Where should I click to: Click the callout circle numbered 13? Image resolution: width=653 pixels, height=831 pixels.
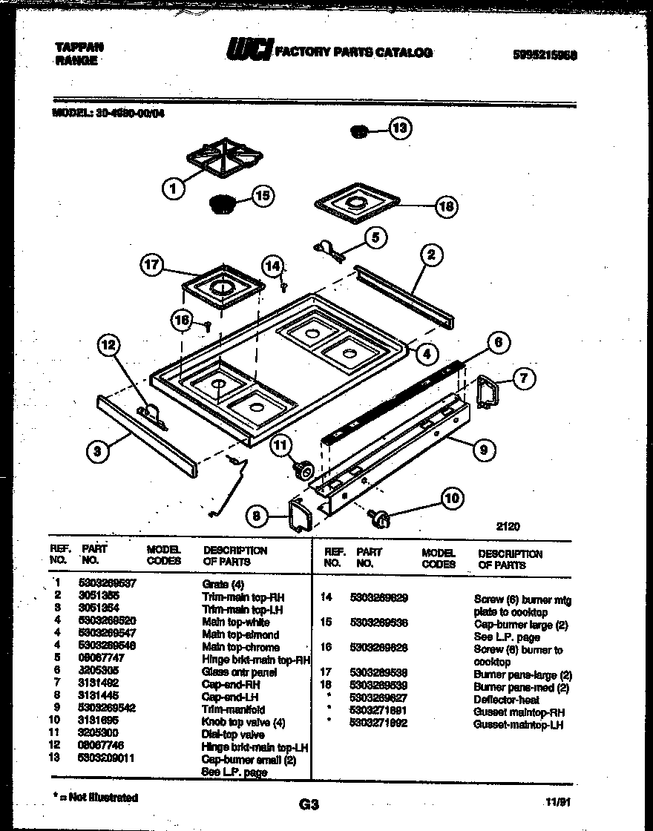coord(401,129)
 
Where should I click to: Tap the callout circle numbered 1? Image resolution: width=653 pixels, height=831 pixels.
coord(173,189)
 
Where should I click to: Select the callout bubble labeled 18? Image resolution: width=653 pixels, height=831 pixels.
coord(446,206)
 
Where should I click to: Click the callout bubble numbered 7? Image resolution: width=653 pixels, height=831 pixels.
coord(523,379)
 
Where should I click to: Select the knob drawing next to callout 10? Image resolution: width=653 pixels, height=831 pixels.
coord(381,517)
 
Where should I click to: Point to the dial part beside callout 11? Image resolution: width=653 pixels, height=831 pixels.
coord(302,470)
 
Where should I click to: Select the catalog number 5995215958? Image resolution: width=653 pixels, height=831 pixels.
coord(545,55)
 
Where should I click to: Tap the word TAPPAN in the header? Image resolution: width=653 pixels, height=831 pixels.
coord(79,46)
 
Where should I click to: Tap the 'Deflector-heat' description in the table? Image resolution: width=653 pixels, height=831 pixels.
coord(507,699)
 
